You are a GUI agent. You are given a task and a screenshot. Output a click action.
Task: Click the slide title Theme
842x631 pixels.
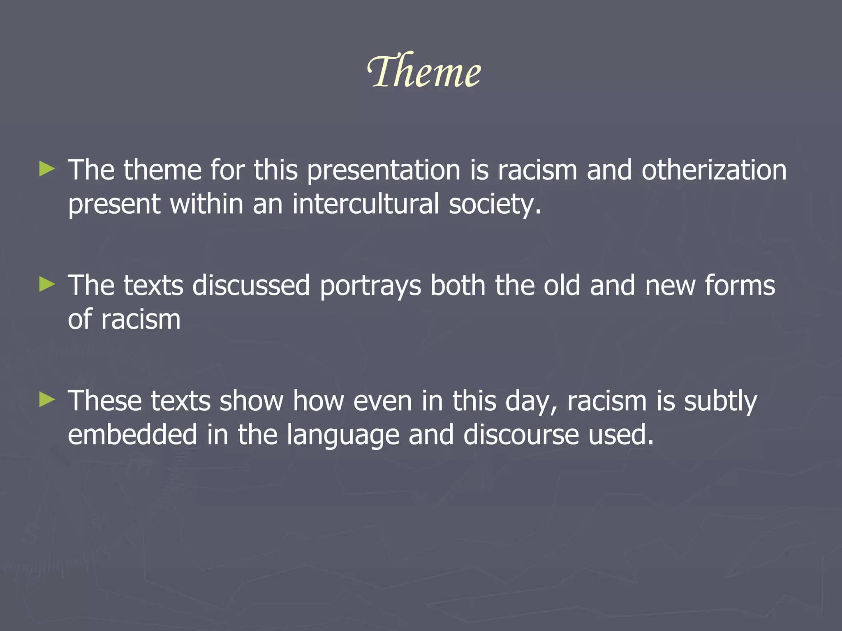423,71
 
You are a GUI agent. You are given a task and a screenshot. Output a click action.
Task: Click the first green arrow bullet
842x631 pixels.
47,169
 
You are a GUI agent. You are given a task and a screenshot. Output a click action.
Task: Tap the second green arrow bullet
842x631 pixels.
47,284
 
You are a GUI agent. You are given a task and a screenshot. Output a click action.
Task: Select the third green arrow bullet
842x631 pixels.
47,400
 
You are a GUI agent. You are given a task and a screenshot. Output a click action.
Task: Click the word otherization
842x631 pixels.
714,170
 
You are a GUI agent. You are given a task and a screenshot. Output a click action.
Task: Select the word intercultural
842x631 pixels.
365,204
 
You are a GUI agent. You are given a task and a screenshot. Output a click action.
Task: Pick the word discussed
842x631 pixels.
251,286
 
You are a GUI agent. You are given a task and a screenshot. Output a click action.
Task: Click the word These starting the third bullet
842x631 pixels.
104,401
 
